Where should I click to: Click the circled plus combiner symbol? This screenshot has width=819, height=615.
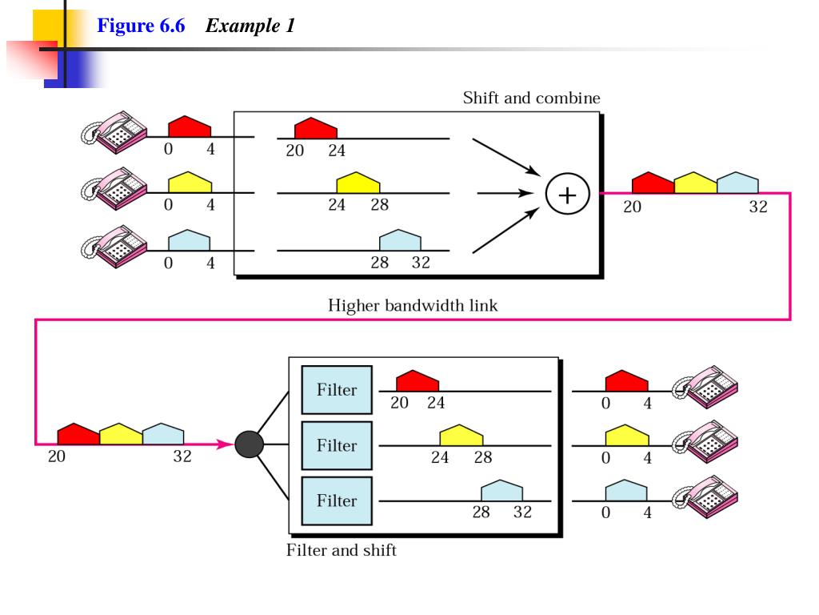click(x=567, y=194)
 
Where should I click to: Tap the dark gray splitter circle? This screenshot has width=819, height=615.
click(x=250, y=444)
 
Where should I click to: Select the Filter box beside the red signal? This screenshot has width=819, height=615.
click(x=337, y=390)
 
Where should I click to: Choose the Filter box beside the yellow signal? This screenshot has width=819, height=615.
click(x=337, y=445)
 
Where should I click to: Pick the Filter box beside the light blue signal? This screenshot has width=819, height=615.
click(x=337, y=501)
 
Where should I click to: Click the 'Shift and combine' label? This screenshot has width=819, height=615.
click(x=531, y=98)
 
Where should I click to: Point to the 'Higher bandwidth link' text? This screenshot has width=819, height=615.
click(x=413, y=305)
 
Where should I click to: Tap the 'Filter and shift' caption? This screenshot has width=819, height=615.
click(x=341, y=550)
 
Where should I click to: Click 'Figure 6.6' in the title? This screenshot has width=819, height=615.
click(x=141, y=26)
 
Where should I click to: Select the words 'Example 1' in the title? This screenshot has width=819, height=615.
click(x=250, y=26)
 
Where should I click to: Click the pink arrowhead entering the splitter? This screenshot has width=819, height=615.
click(x=225, y=444)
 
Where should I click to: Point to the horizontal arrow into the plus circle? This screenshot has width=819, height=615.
click(x=505, y=194)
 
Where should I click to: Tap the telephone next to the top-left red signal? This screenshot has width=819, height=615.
click(x=114, y=132)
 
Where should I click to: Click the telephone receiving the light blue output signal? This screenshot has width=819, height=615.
click(x=705, y=496)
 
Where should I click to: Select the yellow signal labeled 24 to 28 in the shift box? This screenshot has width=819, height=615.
click(x=358, y=183)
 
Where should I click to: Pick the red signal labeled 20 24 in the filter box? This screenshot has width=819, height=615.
click(x=417, y=380)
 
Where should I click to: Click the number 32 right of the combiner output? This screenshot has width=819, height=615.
click(x=758, y=207)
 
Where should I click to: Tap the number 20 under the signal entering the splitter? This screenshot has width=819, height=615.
click(x=57, y=456)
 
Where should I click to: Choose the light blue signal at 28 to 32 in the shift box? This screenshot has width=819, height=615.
click(x=400, y=240)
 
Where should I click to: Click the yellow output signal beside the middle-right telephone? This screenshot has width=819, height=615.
click(x=627, y=435)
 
